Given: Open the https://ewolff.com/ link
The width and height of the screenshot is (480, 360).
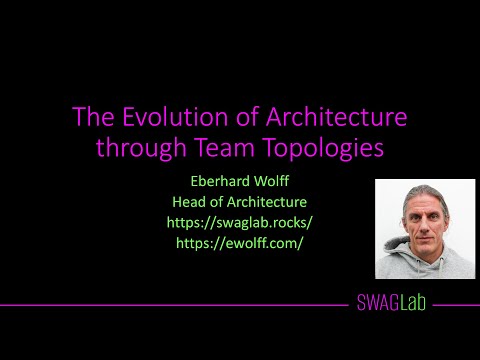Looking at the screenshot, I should point(240,242).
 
